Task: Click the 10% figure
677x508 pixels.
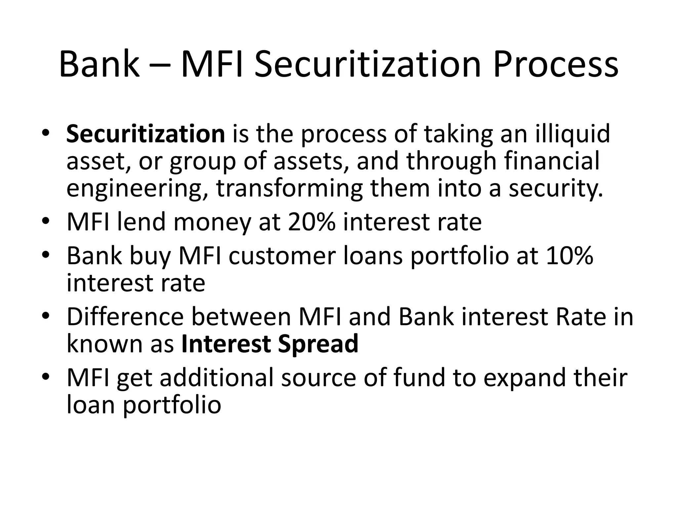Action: point(570,256)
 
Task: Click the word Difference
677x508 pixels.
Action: point(125,317)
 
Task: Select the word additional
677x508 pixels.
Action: point(217,378)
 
